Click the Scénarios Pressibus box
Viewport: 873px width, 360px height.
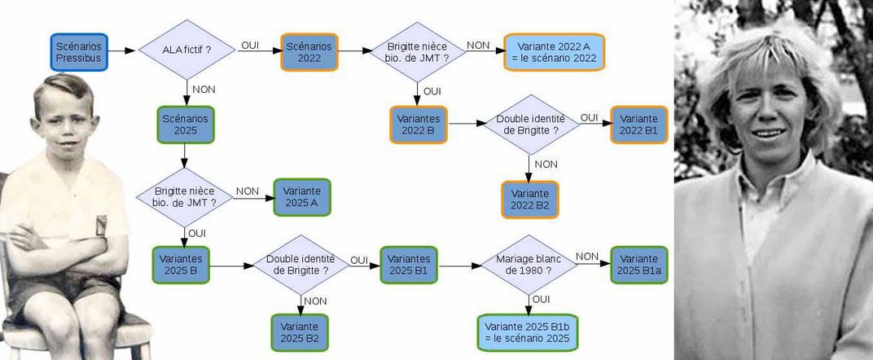coord(78,51)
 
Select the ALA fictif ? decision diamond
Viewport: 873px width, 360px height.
coord(186,50)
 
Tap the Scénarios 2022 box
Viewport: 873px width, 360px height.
coord(309,51)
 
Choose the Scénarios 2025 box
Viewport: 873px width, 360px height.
coord(185,125)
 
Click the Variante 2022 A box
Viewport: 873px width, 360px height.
coord(554,52)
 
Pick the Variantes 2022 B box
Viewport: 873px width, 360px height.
coord(419,125)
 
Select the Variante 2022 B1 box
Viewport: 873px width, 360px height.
coord(638,125)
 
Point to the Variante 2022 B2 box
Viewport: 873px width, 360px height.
coord(529,200)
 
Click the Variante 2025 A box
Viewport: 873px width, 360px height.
coord(302,196)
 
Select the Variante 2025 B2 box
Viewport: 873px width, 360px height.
coord(300,332)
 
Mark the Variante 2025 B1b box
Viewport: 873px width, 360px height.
coord(528,332)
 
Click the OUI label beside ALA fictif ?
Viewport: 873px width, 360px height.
coord(250,46)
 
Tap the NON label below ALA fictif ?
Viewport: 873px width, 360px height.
coord(203,89)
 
